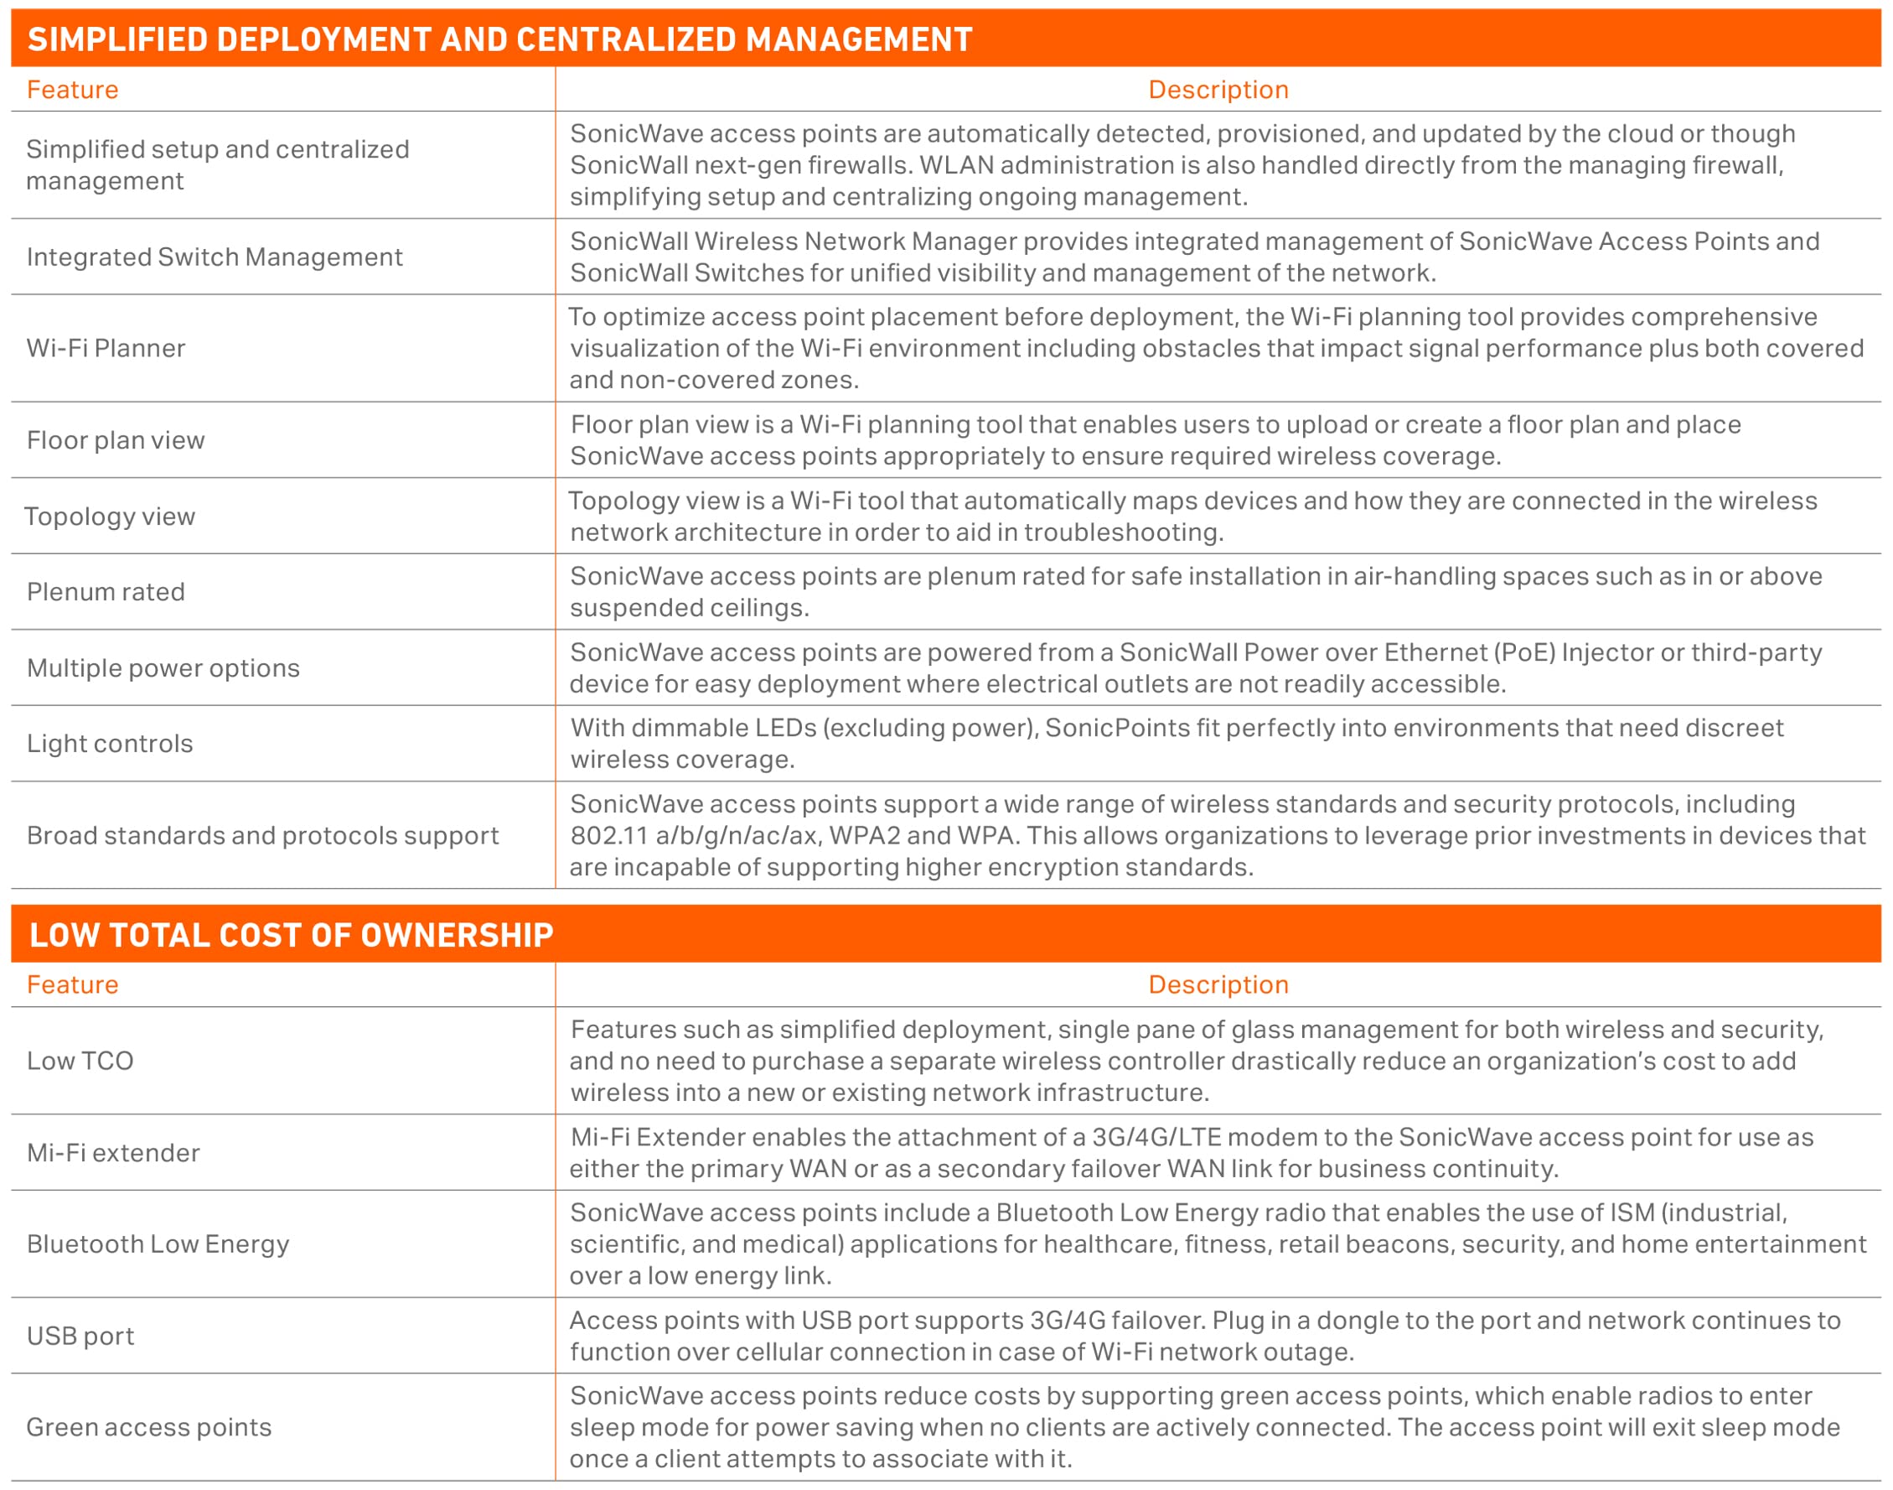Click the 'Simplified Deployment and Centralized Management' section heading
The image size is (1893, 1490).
coord(499,40)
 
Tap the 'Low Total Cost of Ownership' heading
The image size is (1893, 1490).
coord(292,935)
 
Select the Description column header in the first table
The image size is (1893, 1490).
coord(1218,90)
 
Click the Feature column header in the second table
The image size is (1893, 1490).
coord(72,985)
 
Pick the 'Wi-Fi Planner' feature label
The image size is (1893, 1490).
coord(106,349)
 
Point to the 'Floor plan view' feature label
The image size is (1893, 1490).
coord(115,440)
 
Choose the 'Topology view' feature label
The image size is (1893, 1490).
coord(110,517)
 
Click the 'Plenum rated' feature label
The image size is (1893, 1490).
coord(106,592)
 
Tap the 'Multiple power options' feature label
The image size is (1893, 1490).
coord(163,668)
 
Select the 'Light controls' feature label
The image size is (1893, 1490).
coord(110,744)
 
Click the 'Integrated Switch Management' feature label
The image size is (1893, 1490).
coord(215,257)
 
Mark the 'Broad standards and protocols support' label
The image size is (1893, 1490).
coord(262,836)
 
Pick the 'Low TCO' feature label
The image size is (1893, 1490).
coord(80,1061)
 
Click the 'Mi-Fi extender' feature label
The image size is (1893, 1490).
coord(113,1153)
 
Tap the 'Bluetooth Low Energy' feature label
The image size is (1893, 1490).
coord(158,1244)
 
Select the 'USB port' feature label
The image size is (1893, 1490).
coord(80,1337)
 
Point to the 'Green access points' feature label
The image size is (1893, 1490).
coord(149,1427)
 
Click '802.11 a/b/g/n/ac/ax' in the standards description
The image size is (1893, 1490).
coord(694,836)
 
